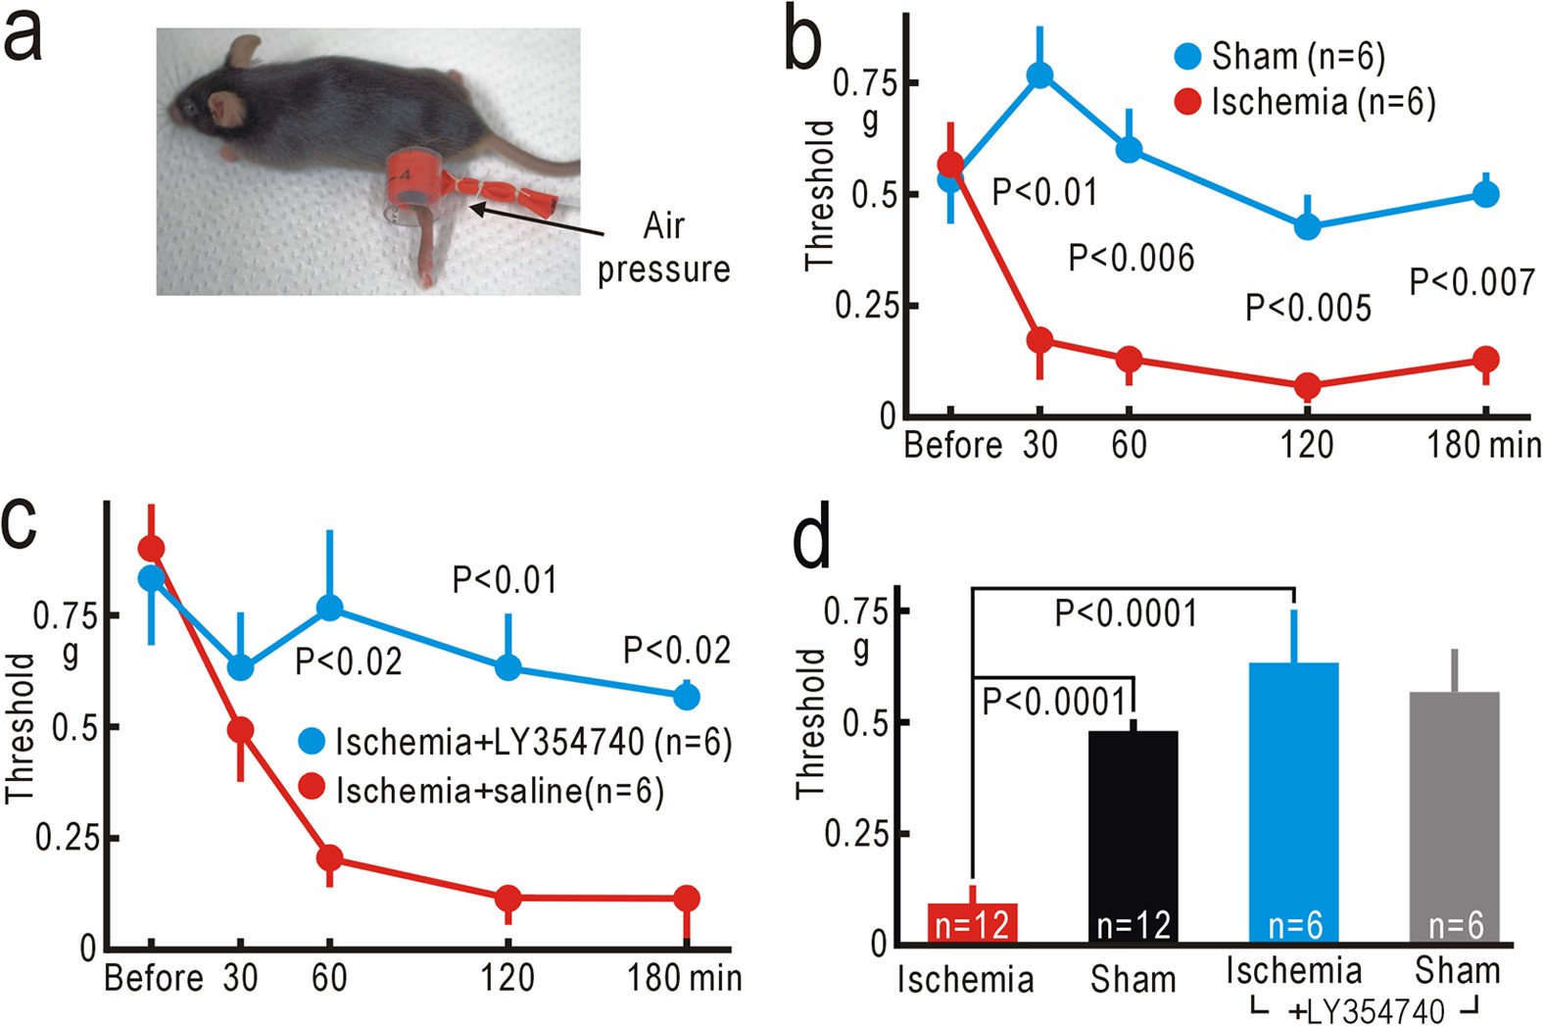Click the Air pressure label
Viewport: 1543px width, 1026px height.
[663, 248]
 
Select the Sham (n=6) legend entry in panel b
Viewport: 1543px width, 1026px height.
[1279, 57]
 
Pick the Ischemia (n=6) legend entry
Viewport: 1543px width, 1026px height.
[1304, 102]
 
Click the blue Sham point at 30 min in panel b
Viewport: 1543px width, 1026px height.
[1039, 75]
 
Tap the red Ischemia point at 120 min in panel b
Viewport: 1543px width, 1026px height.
[1307, 386]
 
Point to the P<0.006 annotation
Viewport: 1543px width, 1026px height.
[1132, 258]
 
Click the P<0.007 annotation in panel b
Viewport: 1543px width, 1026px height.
[1471, 282]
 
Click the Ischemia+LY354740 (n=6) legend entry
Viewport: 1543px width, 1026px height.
[515, 742]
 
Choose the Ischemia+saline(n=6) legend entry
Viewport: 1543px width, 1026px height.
[481, 790]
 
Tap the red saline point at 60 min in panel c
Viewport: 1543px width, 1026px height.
[329, 858]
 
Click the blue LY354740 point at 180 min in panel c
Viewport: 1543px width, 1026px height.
[686, 697]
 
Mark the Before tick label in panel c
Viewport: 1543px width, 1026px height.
[153, 978]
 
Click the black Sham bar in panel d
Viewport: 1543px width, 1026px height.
[1133, 833]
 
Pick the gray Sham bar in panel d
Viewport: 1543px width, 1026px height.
[1455, 813]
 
